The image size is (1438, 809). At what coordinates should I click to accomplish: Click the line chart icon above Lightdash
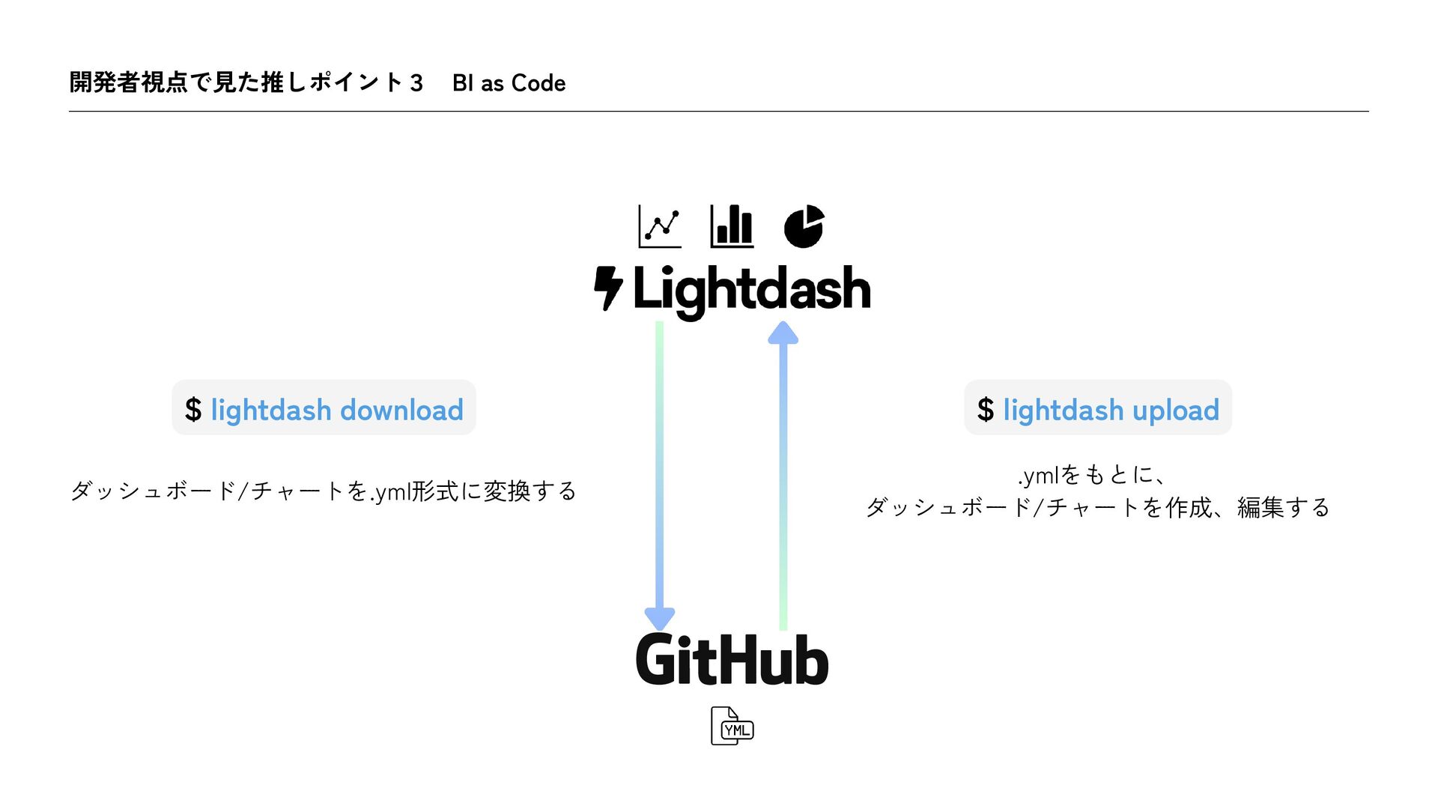660,226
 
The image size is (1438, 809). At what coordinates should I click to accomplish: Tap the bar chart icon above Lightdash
732,226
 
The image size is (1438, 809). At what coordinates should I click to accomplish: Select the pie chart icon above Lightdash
804,226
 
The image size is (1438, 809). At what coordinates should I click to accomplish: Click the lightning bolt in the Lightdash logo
607,288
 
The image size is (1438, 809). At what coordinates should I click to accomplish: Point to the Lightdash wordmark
751,290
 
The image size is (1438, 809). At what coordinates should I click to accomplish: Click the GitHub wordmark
732,661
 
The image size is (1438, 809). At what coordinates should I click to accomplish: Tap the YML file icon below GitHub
732,726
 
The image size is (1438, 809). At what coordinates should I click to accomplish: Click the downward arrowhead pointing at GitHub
660,618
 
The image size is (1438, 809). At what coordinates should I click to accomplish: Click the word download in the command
401,410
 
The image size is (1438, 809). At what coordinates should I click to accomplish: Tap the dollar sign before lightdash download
193,410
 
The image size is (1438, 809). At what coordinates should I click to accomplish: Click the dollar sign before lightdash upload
986,410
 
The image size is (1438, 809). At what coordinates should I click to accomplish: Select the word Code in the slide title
538,83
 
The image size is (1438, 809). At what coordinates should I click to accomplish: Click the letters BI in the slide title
463,83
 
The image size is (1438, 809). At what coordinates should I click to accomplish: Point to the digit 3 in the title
416,83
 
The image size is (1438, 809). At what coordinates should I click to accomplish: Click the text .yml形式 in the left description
414,491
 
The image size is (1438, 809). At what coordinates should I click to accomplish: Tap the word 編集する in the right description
1283,508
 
